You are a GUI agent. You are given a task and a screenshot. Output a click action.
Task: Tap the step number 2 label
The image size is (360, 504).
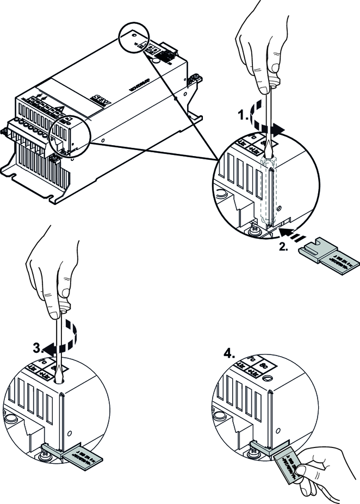[283, 245]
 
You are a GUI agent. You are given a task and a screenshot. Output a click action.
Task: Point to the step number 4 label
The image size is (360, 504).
[230, 353]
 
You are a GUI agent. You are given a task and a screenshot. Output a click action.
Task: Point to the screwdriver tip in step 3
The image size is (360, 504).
[60, 376]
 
